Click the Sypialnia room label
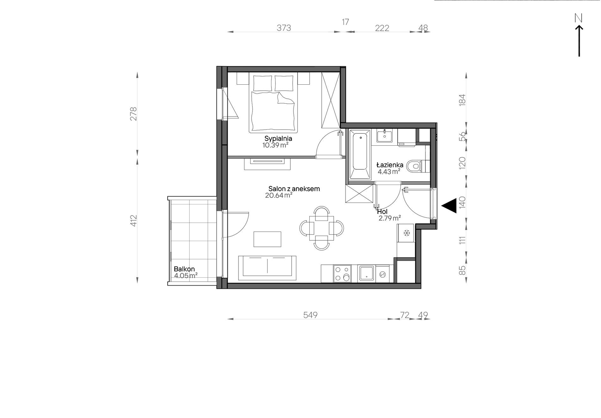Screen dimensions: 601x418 tap(278, 138)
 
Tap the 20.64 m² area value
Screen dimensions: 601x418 tap(278, 196)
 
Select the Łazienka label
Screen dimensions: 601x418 tap(390, 164)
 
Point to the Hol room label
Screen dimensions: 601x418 tap(382, 212)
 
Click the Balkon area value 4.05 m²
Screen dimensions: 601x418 tap(186, 276)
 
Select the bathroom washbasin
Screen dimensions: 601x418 tap(384, 136)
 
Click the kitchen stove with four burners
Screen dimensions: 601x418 tap(342, 274)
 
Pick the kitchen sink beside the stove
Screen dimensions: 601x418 tap(366, 274)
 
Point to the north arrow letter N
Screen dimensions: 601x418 tap(579, 19)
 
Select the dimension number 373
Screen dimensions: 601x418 tap(284, 28)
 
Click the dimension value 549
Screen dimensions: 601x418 tap(310, 315)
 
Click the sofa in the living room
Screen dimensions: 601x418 tap(267, 268)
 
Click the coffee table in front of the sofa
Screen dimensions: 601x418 tap(267, 239)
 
